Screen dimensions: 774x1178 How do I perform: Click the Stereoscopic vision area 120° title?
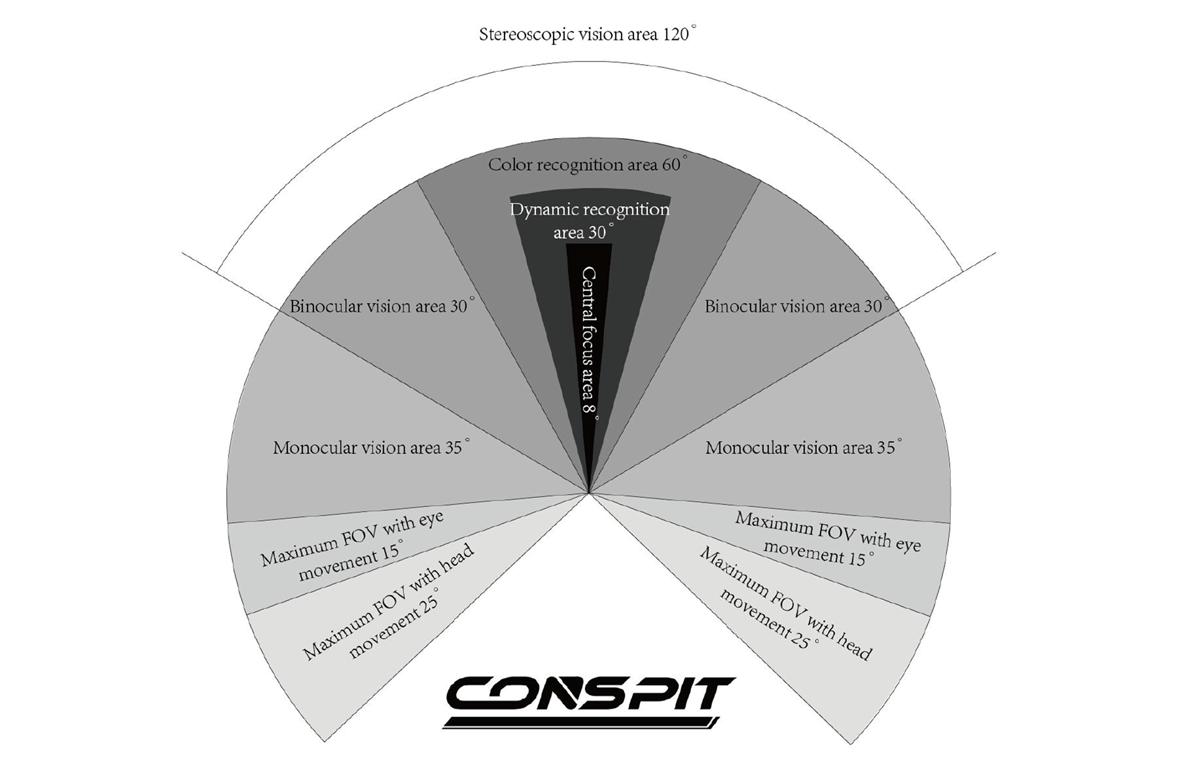point(586,34)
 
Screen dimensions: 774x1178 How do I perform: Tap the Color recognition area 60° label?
point(586,164)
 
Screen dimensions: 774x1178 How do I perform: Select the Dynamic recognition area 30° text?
point(589,221)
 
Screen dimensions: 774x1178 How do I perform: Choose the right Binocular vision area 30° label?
point(796,306)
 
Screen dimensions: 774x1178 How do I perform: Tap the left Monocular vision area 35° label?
point(370,448)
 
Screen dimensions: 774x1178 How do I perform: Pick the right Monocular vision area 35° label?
point(802,448)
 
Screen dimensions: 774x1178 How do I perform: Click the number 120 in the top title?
point(675,34)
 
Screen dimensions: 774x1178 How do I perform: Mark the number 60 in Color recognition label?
point(671,164)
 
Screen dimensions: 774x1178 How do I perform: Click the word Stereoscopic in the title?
point(524,35)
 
